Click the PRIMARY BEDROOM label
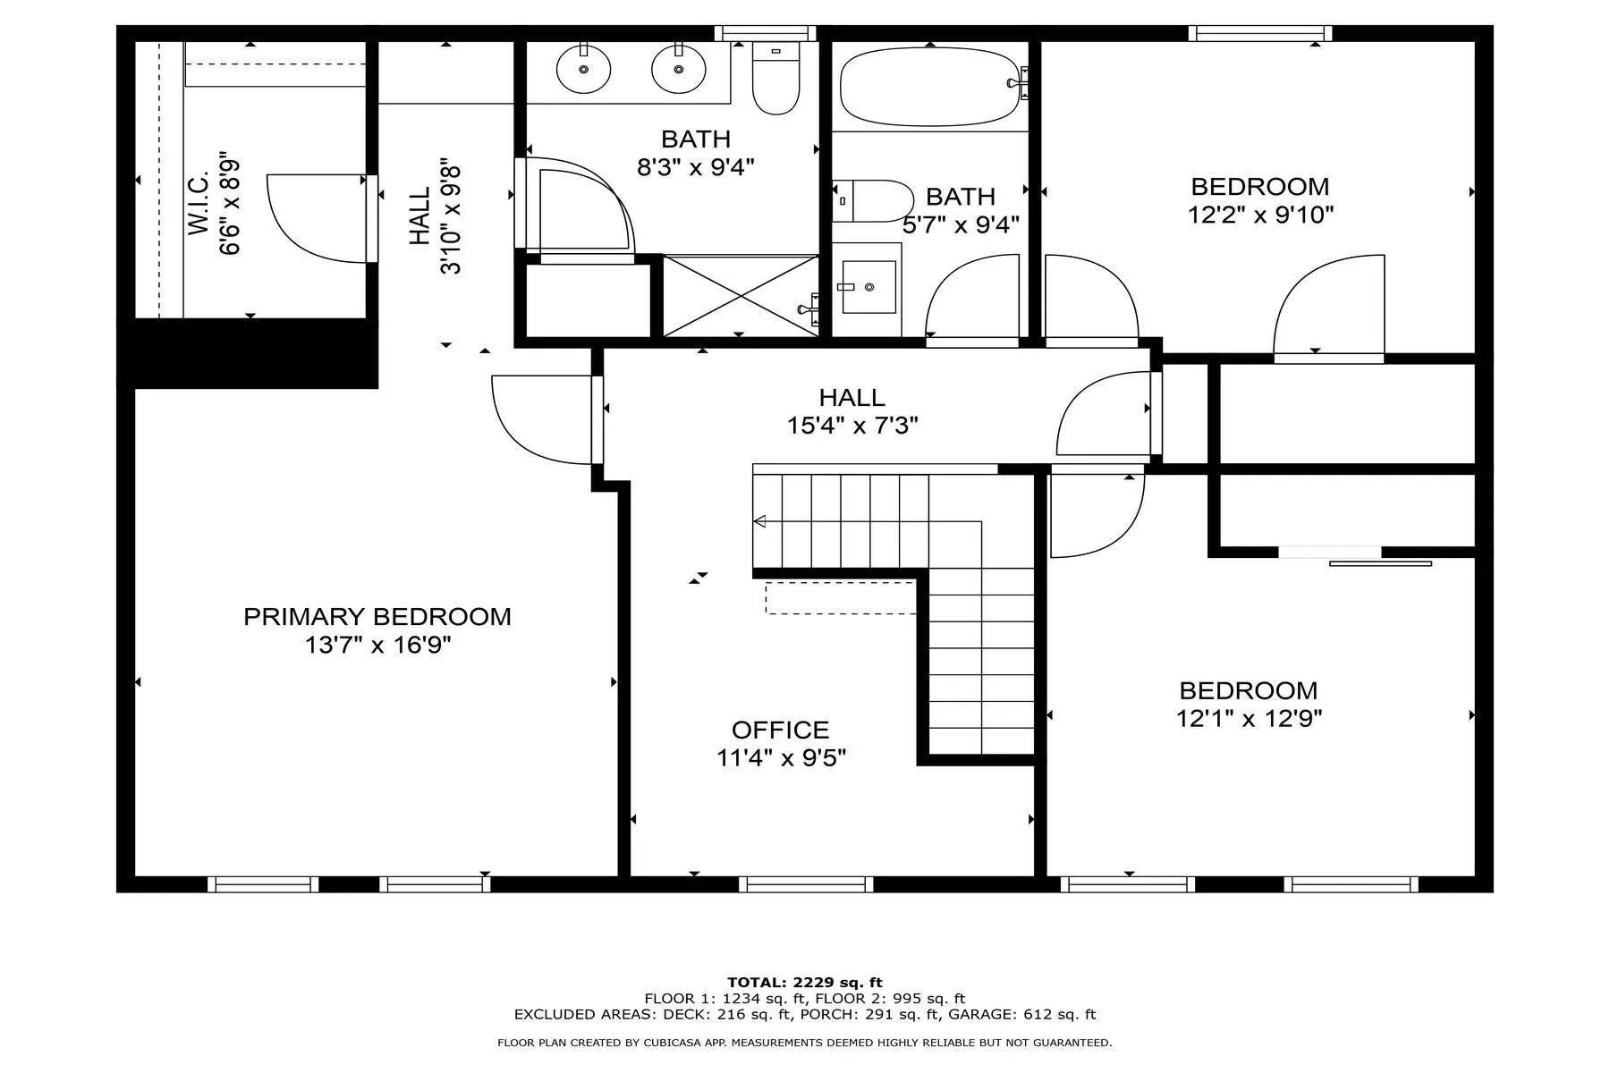[377, 617]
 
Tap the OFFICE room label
[781, 731]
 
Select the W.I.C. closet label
[199, 206]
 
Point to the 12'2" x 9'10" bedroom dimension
[1260, 215]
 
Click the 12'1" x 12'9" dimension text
[1249, 719]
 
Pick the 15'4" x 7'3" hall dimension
[852, 426]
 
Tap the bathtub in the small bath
[931, 86]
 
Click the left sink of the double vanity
[583, 68]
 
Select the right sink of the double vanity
[679, 68]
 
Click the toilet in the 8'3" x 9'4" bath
[775, 78]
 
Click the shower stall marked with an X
[741, 296]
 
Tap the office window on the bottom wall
[806, 884]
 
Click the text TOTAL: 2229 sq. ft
[805, 983]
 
